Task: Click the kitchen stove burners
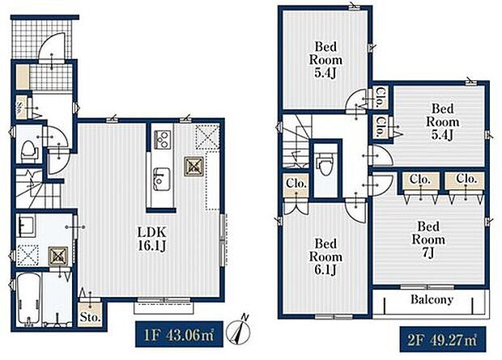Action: pyautogui.click(x=160, y=138)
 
